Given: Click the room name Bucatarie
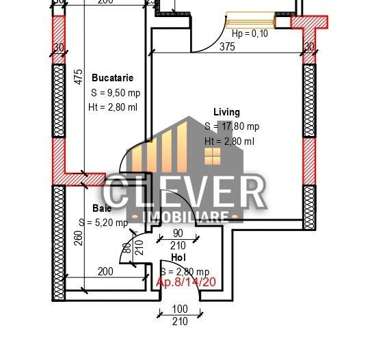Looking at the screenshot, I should [x=112, y=79].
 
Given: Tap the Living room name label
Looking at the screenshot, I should [x=226, y=112].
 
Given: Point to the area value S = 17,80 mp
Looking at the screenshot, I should [x=232, y=126].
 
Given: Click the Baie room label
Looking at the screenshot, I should [x=102, y=208].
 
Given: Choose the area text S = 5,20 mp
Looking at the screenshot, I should [x=103, y=223].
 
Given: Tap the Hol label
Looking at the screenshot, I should [x=178, y=258].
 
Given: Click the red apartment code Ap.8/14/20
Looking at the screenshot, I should [x=186, y=282].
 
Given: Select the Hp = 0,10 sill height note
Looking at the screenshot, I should [x=251, y=33].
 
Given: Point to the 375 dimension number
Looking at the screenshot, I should [x=228, y=46].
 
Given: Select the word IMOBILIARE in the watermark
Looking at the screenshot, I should [x=185, y=217].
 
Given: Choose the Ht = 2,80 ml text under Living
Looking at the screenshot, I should [x=229, y=141].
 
